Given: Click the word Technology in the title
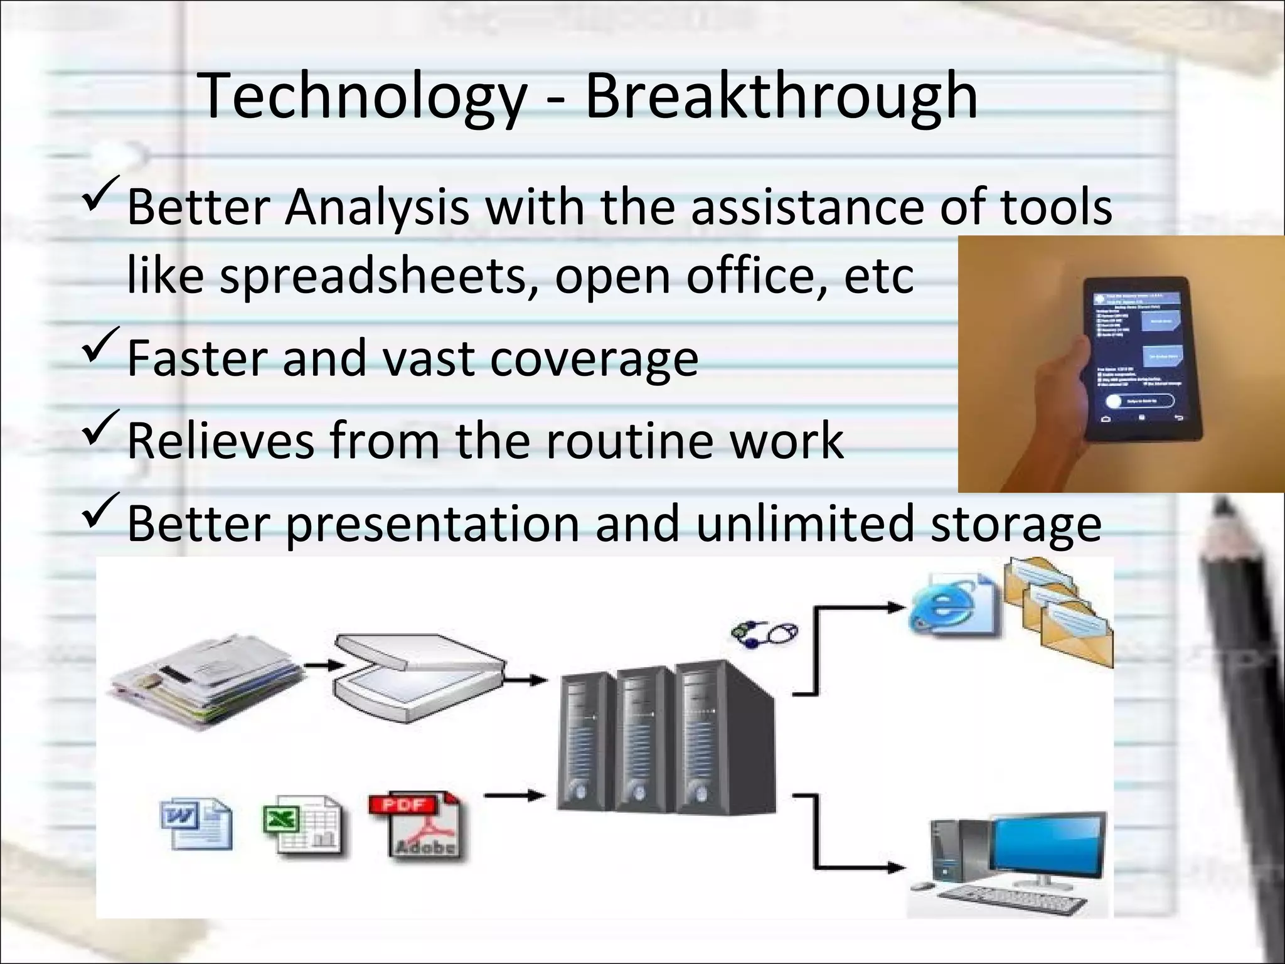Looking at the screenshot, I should click(363, 97).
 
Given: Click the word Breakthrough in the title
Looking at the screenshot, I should click(781, 97).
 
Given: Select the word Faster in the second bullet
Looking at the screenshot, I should click(197, 358).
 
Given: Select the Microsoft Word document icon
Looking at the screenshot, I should click(196, 823).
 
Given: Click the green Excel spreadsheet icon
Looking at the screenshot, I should click(302, 823).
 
